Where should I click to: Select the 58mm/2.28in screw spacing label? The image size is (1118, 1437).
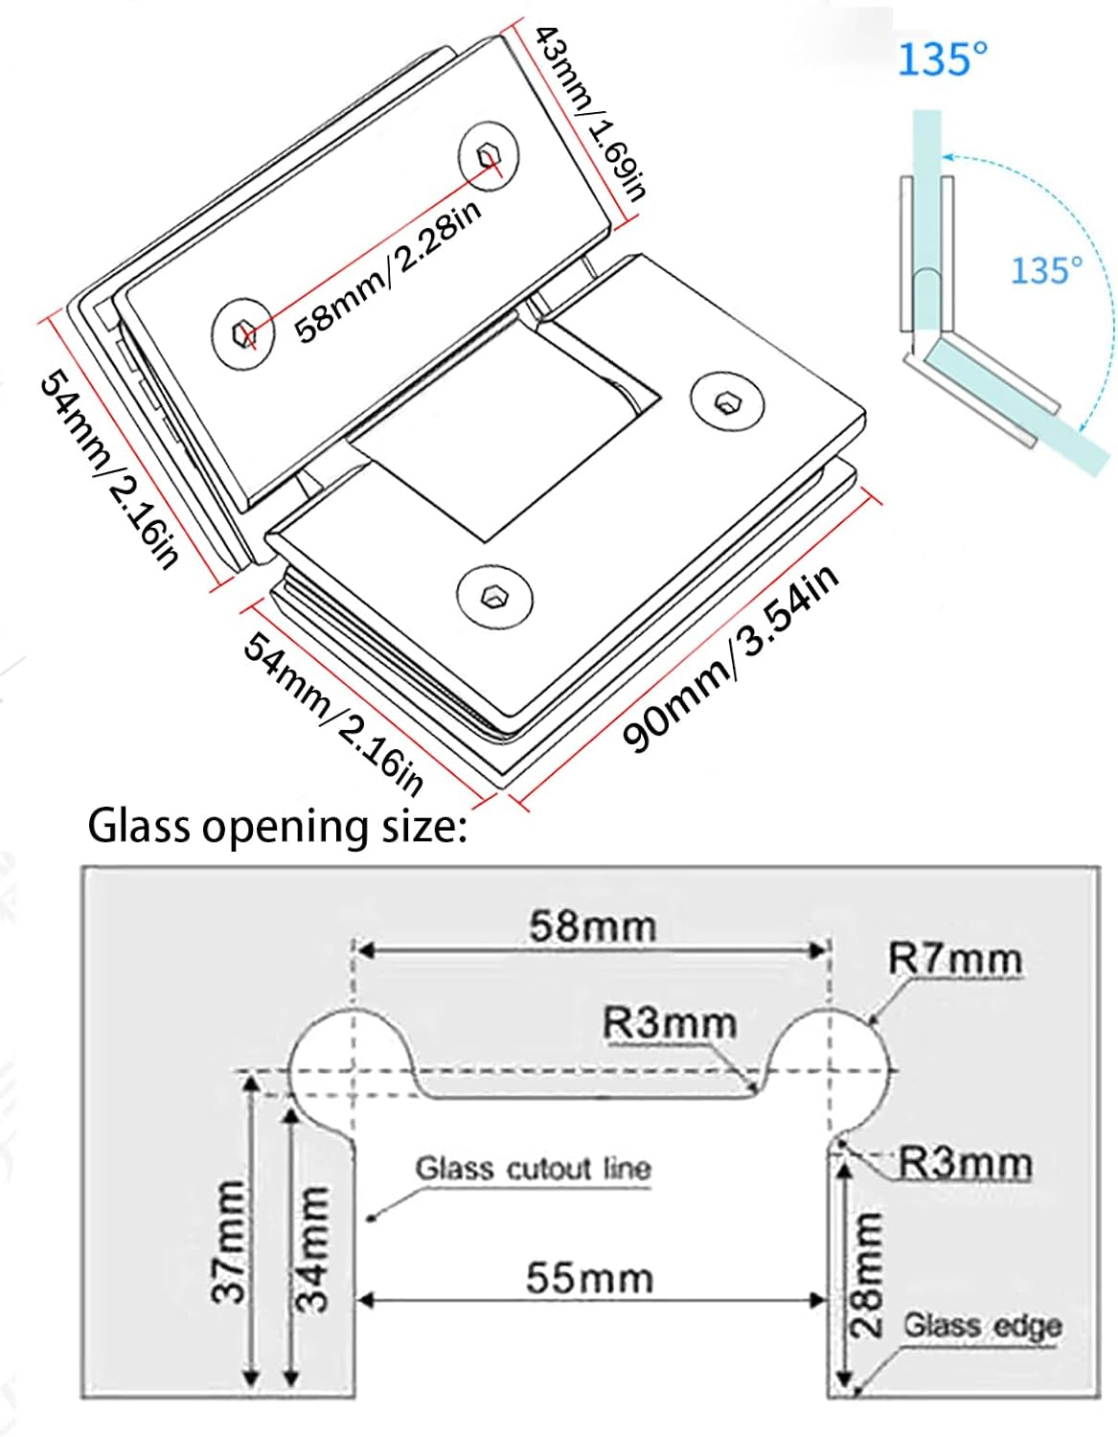387,272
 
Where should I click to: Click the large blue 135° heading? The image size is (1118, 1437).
941,59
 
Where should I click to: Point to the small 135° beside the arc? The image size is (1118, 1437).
1046,270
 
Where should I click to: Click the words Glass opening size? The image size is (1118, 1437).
277,826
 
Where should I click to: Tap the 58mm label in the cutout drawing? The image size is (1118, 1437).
593,926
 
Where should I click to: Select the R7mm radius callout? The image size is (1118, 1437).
954,959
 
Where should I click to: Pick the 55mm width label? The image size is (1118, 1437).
589,1278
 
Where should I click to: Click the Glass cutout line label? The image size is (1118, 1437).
533,1169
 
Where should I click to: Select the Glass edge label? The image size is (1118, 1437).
983,1326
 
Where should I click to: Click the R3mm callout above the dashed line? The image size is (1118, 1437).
670,1023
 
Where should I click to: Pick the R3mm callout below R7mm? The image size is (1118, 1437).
965,1164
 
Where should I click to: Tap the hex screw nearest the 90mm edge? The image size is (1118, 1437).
493,597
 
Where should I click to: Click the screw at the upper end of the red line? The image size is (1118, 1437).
490,154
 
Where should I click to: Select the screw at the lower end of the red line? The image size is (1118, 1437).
243,333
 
